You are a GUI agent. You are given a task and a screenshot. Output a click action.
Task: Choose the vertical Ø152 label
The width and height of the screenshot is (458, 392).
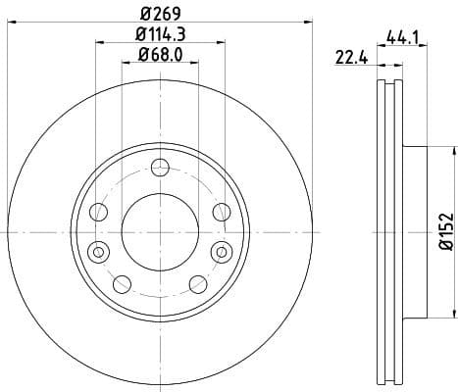444,231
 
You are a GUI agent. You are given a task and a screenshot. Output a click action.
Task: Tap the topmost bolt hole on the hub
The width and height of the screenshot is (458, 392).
159,166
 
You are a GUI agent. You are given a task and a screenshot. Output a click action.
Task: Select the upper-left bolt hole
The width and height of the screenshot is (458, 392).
98,211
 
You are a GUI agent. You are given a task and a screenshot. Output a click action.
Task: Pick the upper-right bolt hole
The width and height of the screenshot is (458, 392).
221,211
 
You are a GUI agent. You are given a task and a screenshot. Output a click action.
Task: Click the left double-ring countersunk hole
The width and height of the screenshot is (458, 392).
96,252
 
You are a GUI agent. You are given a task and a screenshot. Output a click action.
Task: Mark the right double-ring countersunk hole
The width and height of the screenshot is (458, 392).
223,252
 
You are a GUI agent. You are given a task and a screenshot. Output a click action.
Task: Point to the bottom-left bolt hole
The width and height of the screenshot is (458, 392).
122,284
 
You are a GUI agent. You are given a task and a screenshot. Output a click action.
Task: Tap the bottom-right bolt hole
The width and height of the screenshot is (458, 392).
197,284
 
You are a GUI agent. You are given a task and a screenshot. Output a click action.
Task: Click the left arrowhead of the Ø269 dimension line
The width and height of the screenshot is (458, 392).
11,24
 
